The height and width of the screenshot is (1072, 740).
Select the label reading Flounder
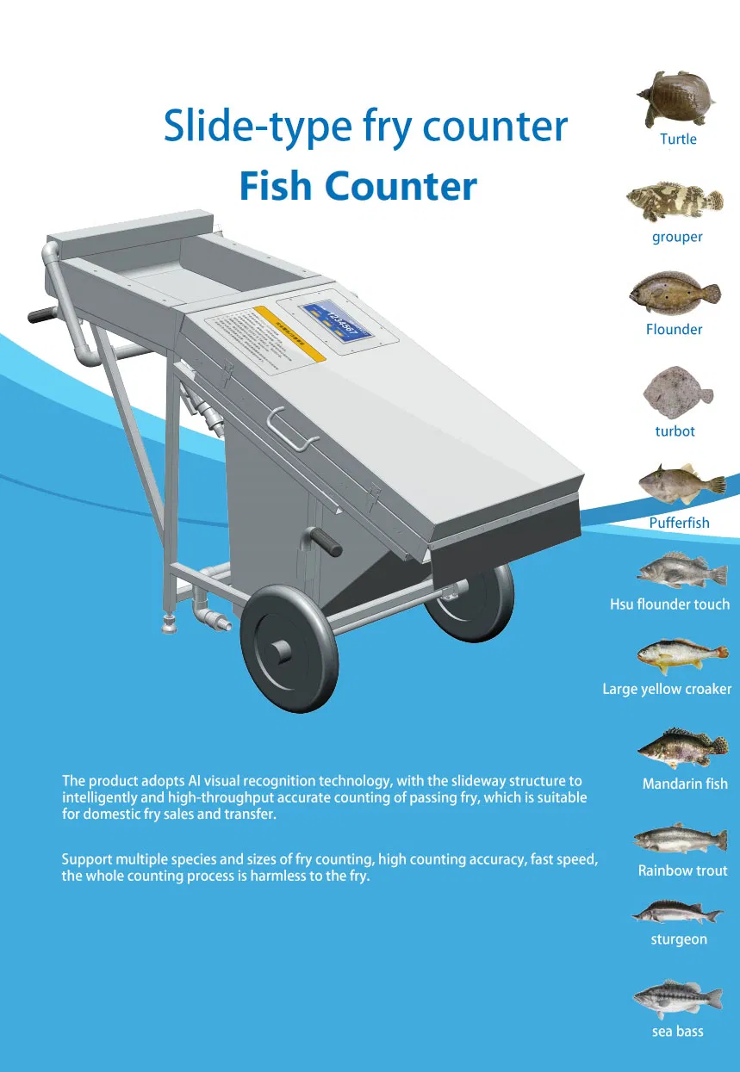coord(674,329)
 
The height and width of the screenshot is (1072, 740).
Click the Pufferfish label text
coord(679,523)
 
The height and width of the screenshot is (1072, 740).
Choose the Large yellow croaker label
coord(667,689)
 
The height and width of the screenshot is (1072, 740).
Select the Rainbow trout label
coord(682,871)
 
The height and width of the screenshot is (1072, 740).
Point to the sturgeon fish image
coord(677,911)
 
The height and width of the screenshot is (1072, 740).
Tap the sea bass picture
coord(677,998)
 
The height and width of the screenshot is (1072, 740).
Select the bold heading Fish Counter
coord(358,186)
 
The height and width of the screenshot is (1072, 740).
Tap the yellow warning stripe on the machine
coord(289,333)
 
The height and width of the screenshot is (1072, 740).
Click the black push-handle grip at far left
coord(41,314)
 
